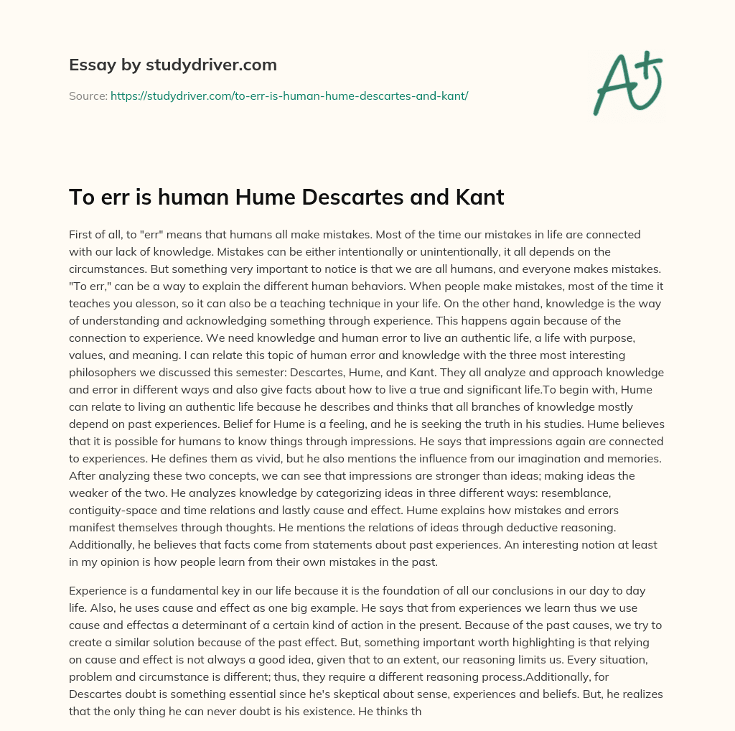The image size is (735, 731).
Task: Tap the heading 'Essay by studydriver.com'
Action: [172, 65]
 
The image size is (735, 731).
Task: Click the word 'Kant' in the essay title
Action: [477, 197]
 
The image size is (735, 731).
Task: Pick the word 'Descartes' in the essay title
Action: [354, 197]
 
